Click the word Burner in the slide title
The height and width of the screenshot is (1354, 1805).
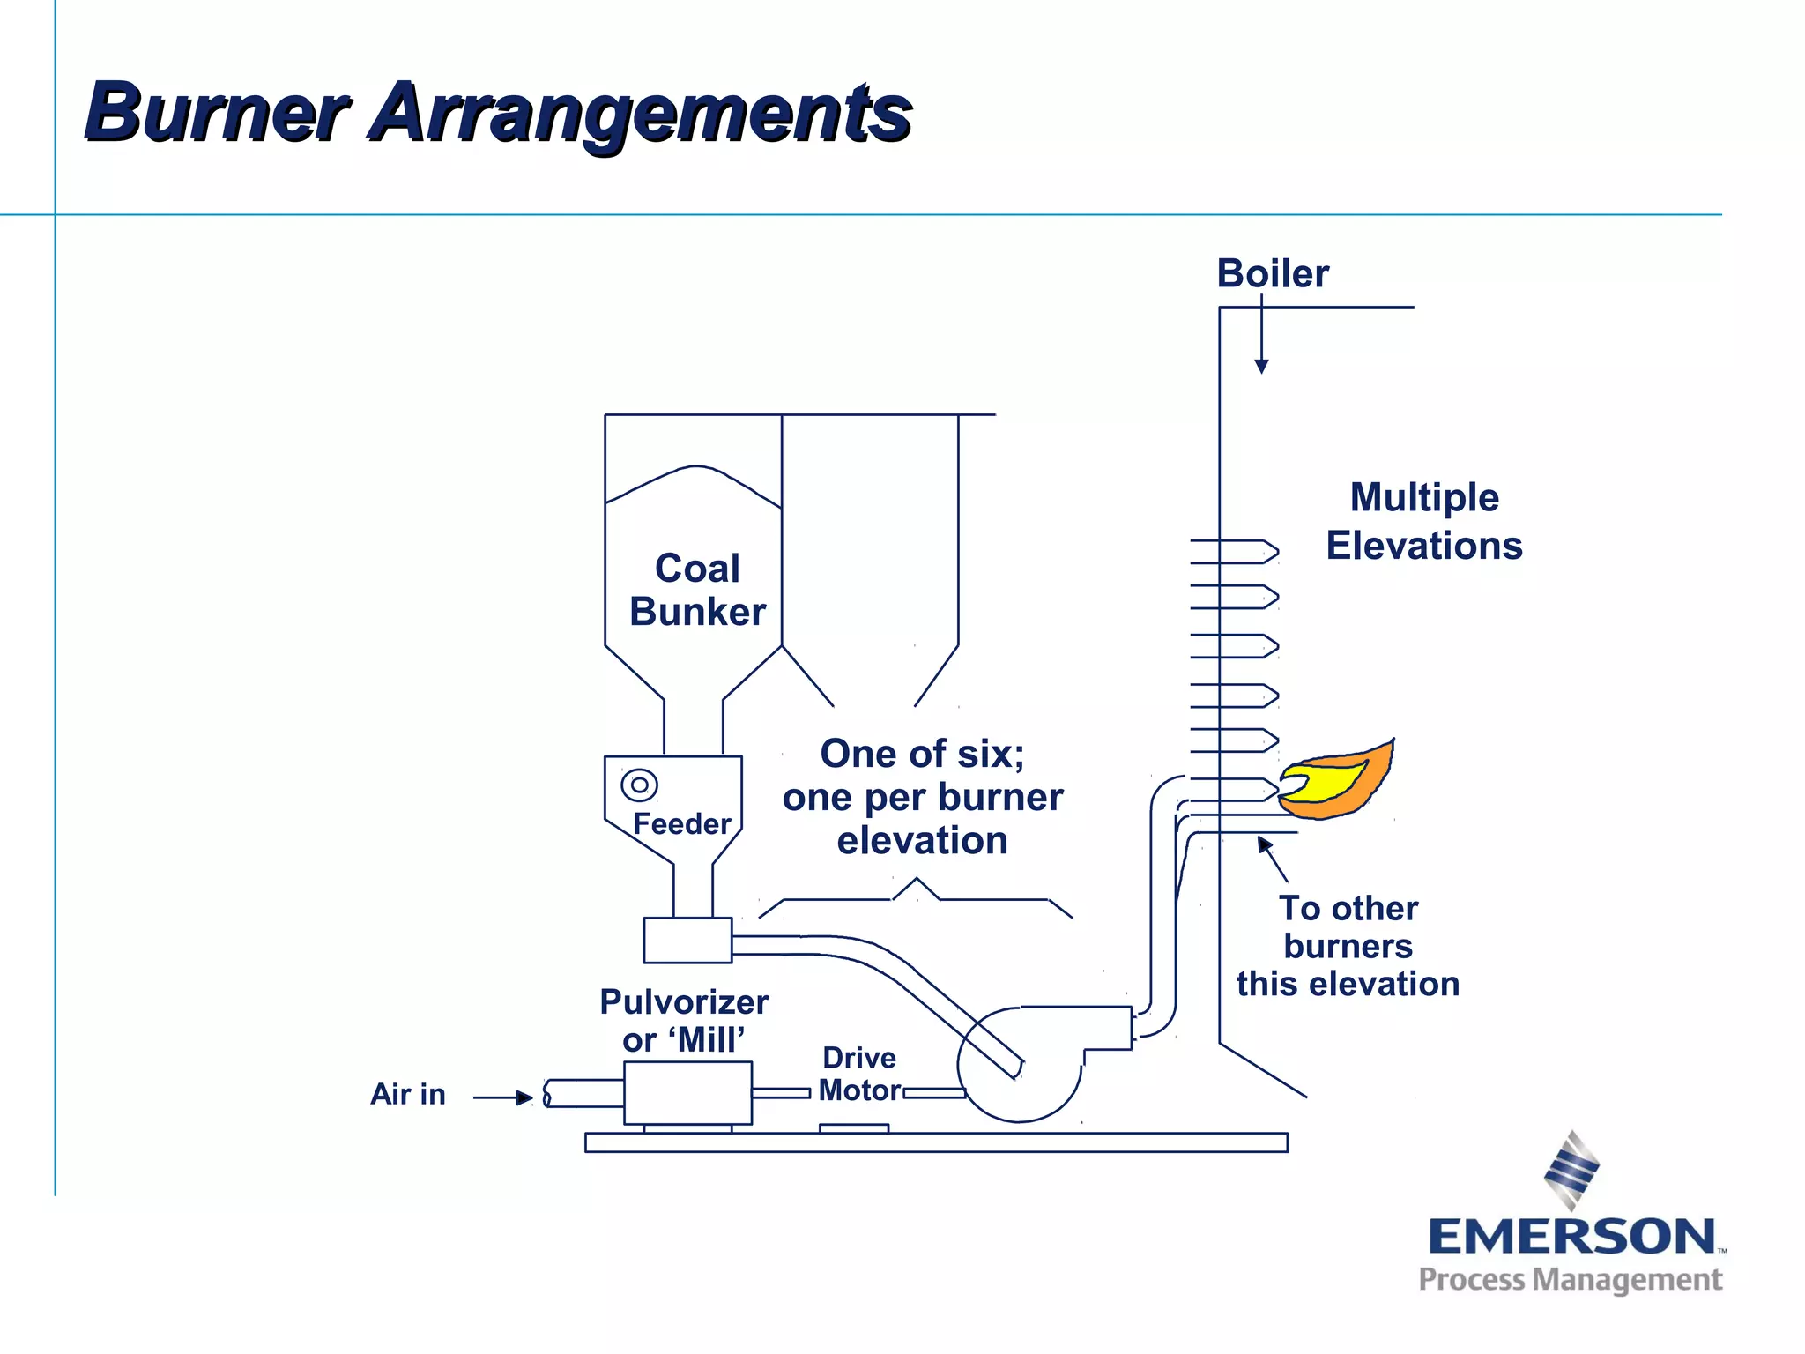tap(216, 113)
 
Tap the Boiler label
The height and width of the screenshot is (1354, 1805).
tap(1272, 273)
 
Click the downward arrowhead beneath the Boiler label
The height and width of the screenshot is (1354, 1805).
tap(1261, 366)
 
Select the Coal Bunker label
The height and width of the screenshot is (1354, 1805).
tap(697, 590)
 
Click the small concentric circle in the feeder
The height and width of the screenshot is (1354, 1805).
tap(639, 784)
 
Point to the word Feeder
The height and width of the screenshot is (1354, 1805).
tap(681, 823)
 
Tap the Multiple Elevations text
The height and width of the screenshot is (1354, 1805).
tap(1424, 521)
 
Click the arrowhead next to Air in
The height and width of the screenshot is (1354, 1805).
tap(525, 1097)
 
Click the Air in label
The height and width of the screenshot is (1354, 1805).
tap(407, 1094)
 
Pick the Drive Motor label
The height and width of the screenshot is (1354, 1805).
tap(858, 1074)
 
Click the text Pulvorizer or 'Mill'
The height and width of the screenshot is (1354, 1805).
tap(684, 1021)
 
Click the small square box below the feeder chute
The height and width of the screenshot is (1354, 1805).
tap(687, 940)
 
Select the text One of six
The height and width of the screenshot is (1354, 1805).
tap(922, 754)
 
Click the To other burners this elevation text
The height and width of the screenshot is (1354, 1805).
tap(1348, 946)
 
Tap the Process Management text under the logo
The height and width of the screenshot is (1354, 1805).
tap(1570, 1280)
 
